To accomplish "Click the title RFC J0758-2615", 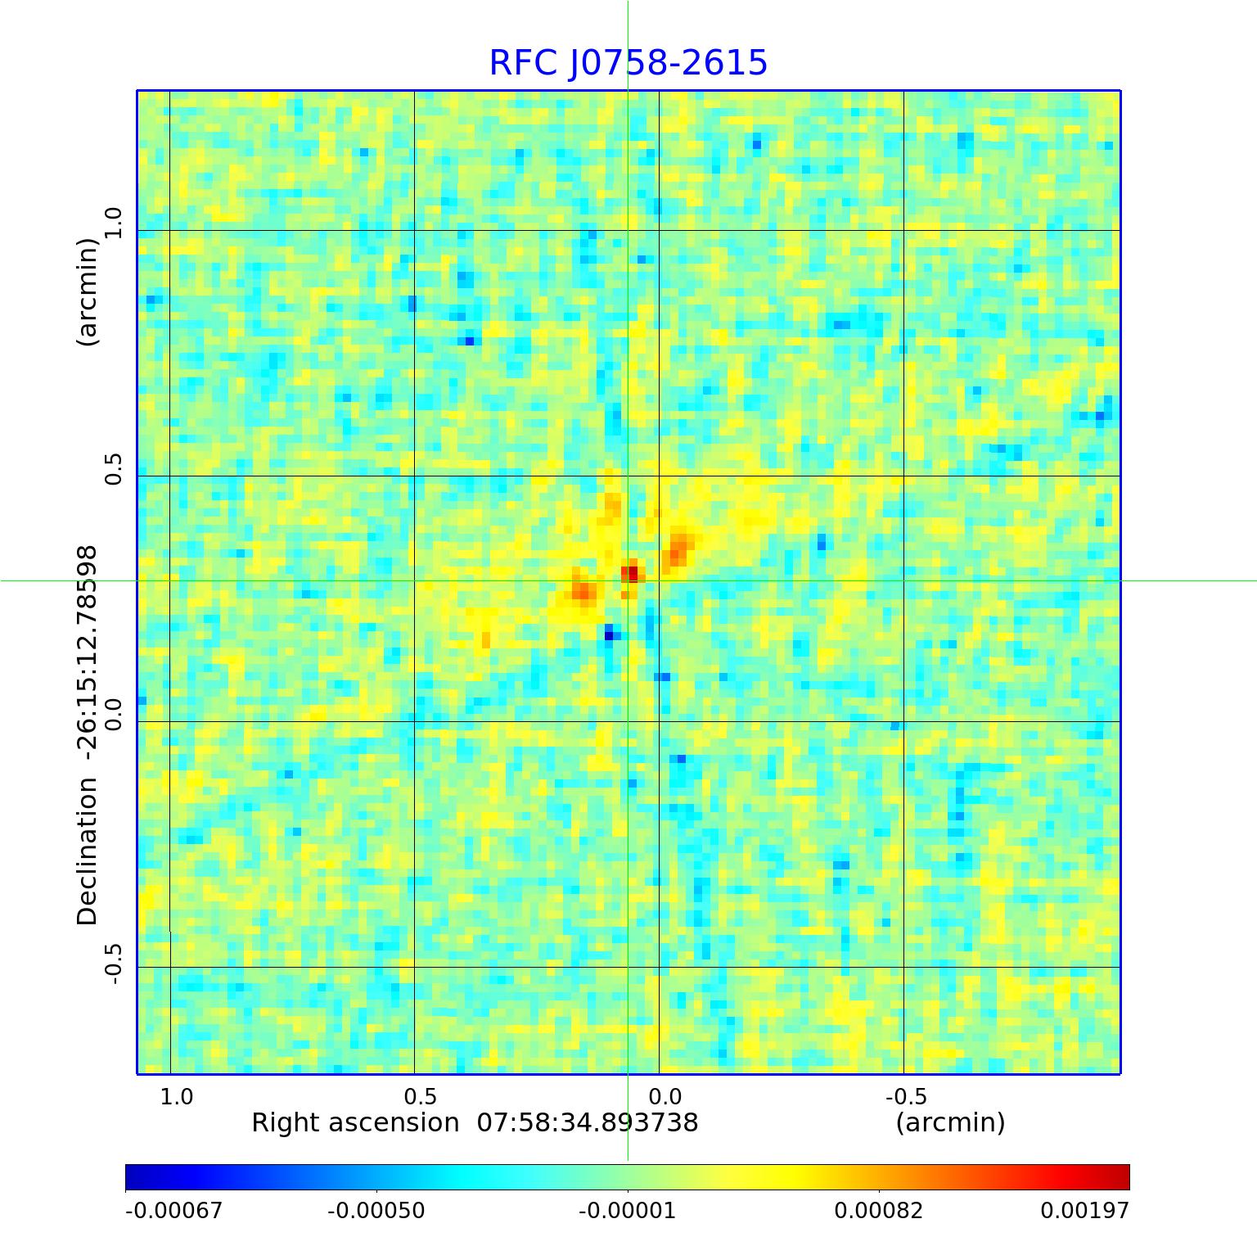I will tap(628, 63).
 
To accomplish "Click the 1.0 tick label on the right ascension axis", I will tap(177, 1096).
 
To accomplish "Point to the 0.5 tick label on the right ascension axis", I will tap(421, 1096).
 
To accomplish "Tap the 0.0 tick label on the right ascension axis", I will tap(665, 1096).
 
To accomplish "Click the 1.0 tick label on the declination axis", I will tap(113, 223).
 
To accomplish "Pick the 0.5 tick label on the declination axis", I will tap(113, 468).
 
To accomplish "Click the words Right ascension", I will tap(355, 1122).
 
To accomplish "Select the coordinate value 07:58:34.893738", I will tap(588, 1122).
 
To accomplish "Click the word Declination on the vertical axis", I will tap(87, 851).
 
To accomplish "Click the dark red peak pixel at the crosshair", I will tap(631, 573).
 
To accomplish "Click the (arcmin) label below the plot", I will tap(950, 1122).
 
